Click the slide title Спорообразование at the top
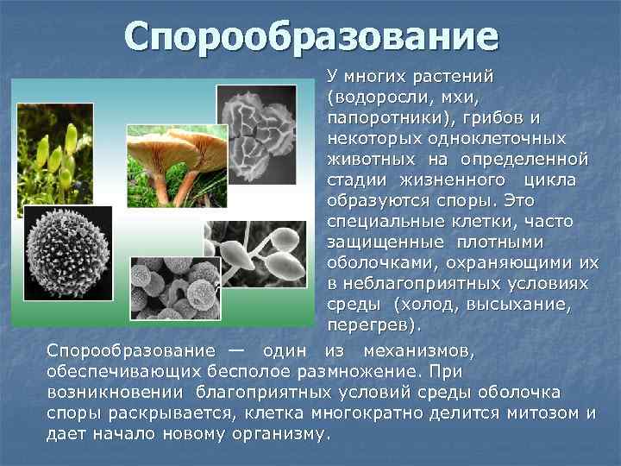(x=310, y=36)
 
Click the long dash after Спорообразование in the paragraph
(x=236, y=350)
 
